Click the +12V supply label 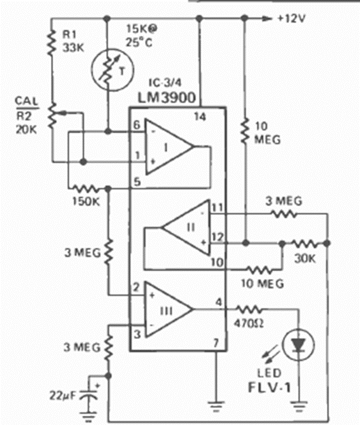coord(291,18)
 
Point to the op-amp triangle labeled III coord(167,309)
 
